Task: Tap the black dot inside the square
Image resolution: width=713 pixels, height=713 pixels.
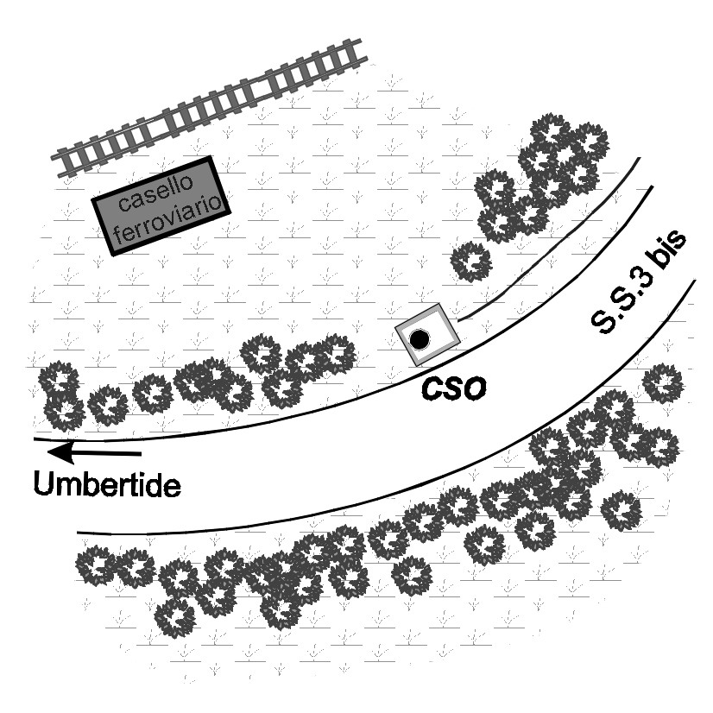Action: coord(420,339)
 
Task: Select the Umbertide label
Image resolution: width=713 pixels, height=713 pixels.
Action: coord(107,483)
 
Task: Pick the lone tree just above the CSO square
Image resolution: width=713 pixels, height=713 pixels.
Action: coord(471,261)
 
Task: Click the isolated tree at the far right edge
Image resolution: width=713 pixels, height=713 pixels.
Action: coord(663,382)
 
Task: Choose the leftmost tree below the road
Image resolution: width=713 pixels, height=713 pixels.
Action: coord(98,565)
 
